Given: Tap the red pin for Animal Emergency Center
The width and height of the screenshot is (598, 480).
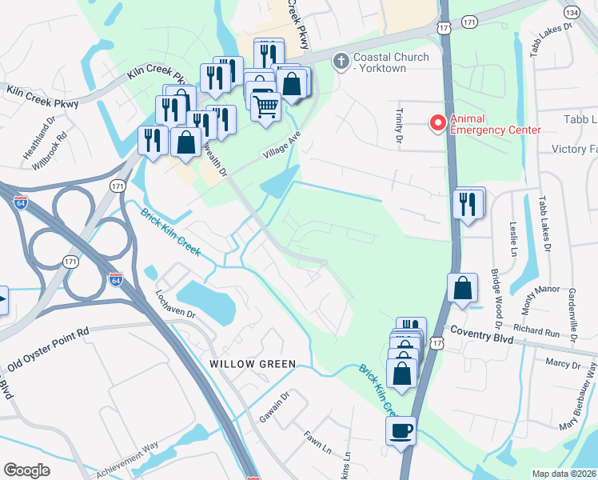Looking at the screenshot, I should (x=437, y=123).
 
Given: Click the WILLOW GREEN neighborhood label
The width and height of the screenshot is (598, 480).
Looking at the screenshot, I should (x=253, y=364).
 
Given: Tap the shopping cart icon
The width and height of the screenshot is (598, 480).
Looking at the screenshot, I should (x=265, y=105).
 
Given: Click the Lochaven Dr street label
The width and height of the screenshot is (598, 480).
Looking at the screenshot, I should (x=177, y=302).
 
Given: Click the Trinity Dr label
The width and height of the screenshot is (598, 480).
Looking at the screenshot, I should (x=399, y=126).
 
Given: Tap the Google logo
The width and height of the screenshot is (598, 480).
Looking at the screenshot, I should (x=26, y=470).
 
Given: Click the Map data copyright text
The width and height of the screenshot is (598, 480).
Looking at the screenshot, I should (x=564, y=474).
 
